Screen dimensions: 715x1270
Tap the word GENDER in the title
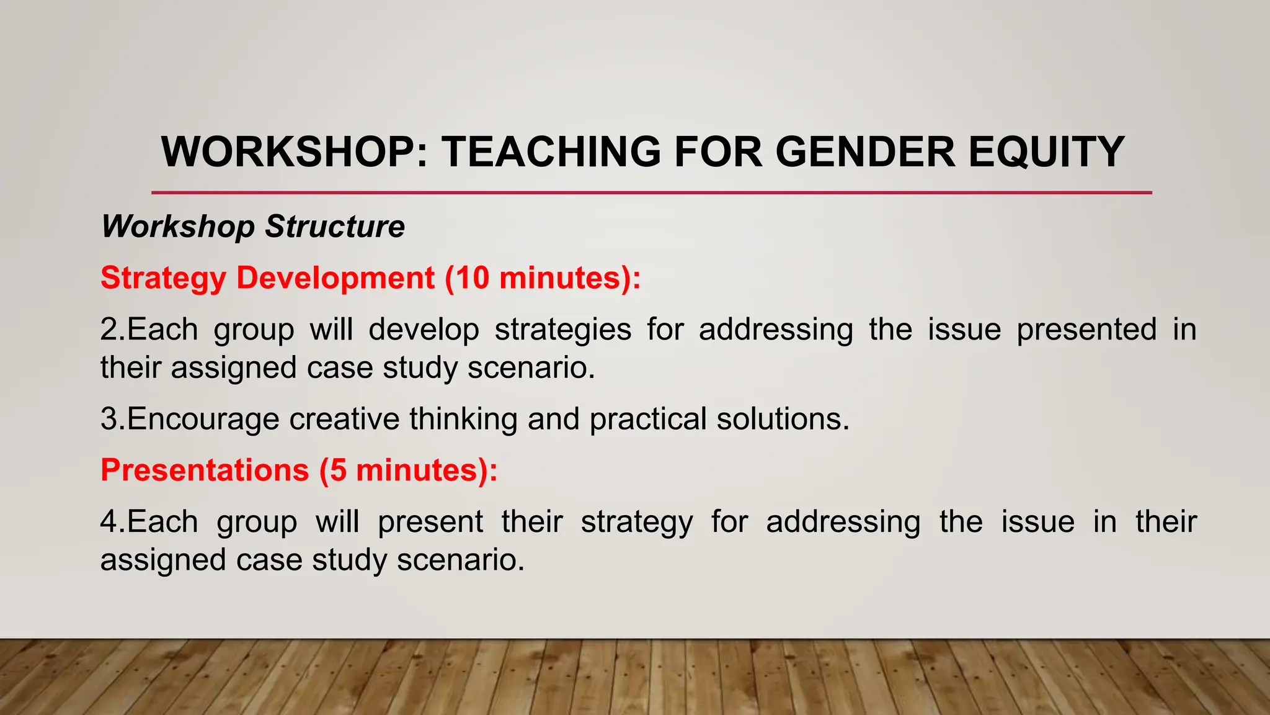(x=865, y=152)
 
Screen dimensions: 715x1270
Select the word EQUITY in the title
(x=1046, y=152)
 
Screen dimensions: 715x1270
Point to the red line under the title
(x=651, y=192)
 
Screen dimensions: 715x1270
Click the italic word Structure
(x=335, y=227)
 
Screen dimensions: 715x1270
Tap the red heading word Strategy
(x=163, y=278)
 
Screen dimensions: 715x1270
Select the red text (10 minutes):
(x=543, y=278)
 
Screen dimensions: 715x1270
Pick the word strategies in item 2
(x=562, y=330)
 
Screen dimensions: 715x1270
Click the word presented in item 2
(x=1086, y=330)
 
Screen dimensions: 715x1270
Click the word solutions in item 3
(x=783, y=419)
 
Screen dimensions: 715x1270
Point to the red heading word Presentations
(x=205, y=470)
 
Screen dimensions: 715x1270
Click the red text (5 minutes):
(x=408, y=470)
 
